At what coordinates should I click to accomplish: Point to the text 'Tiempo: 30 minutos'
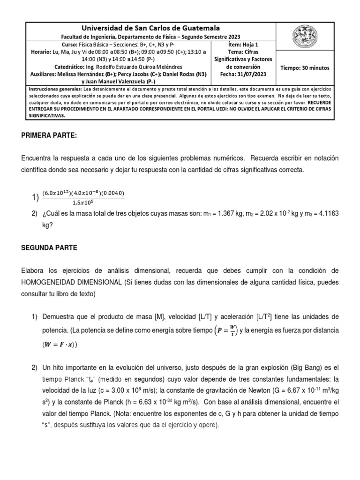(x=305, y=68)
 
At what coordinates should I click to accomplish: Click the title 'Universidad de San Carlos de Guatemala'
(x=151, y=29)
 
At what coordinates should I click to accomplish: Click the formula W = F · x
(x=60, y=345)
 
